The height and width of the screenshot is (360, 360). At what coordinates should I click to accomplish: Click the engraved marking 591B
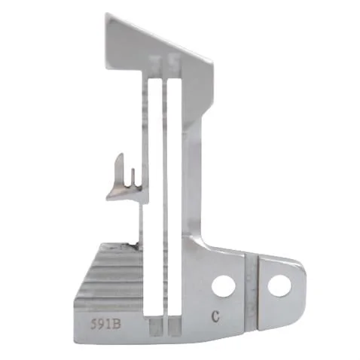coord(105,324)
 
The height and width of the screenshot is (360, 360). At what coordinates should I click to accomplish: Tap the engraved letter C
coord(215,317)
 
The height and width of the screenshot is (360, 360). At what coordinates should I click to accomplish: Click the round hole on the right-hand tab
coord(279,286)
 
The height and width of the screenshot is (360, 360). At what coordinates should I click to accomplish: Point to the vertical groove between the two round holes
coord(251,292)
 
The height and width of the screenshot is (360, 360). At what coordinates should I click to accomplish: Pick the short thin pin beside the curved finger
coord(133,178)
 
